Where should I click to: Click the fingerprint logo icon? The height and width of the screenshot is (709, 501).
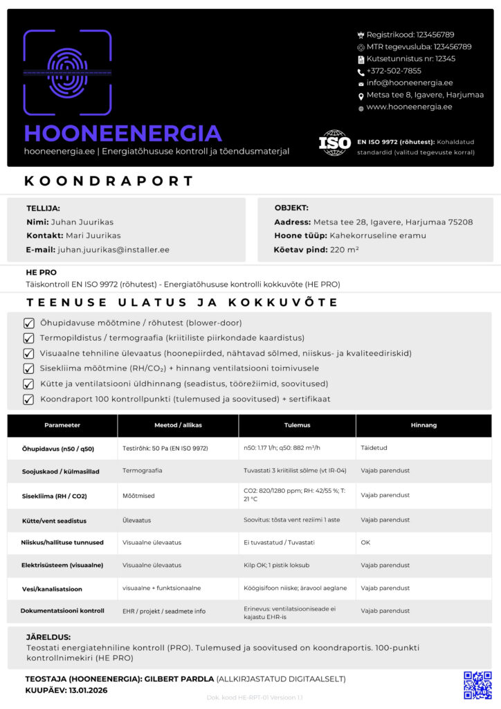67,72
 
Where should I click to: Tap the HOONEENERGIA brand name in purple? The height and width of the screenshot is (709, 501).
122,133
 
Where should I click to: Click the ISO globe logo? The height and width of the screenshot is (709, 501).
334,143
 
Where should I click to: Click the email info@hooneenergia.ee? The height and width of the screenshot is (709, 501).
410,82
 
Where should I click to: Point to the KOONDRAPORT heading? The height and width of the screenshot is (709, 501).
109,181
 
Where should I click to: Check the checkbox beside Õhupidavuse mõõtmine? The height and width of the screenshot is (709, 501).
29,323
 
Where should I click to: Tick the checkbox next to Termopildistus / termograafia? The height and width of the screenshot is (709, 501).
29,338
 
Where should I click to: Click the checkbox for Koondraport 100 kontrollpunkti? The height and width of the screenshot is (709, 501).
29,399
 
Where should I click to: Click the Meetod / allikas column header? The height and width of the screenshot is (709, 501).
178,425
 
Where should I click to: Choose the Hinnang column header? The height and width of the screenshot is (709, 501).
423,425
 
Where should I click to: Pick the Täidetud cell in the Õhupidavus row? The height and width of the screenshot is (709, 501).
374,448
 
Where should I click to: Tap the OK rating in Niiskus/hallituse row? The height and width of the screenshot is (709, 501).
365,542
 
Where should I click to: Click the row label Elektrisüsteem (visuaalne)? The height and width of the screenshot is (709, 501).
62,565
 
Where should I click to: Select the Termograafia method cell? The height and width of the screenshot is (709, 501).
143,470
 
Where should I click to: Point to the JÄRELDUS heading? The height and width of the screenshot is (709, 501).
48,637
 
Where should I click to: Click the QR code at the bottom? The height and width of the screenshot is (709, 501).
477,684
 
